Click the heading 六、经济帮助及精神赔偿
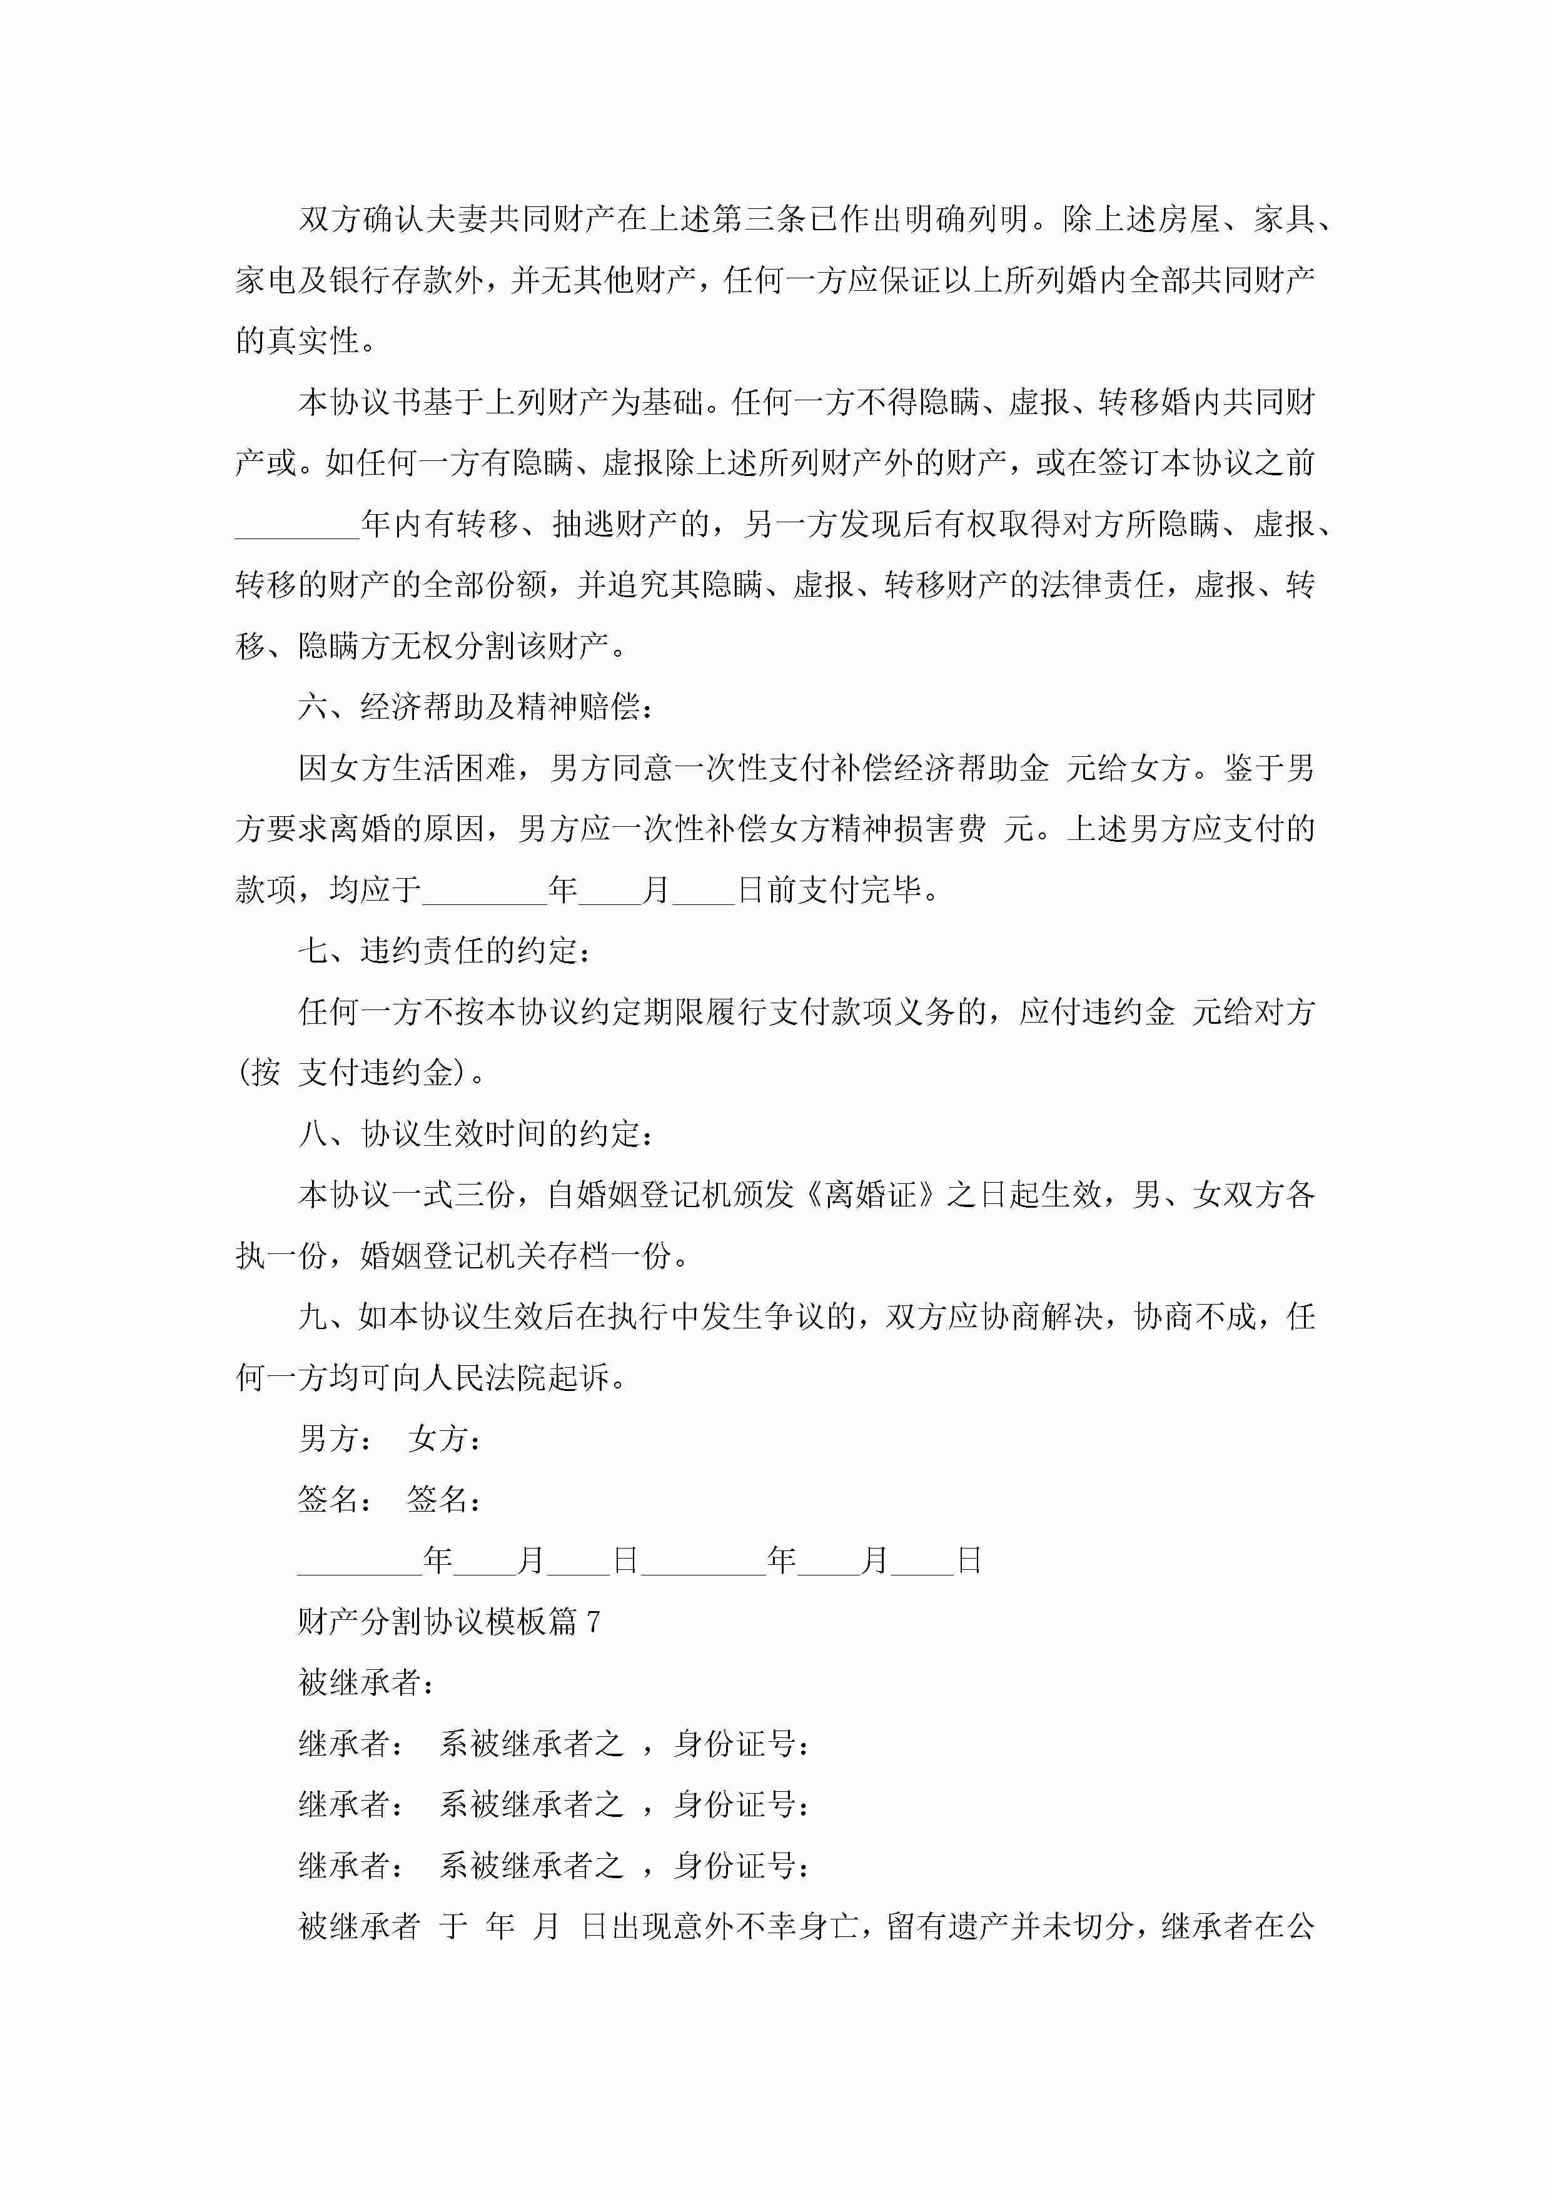[x=475, y=707]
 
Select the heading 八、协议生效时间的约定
[x=475, y=1135]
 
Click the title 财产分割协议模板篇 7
[x=448, y=1622]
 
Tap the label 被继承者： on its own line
[x=366, y=1683]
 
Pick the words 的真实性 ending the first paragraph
[x=298, y=341]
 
